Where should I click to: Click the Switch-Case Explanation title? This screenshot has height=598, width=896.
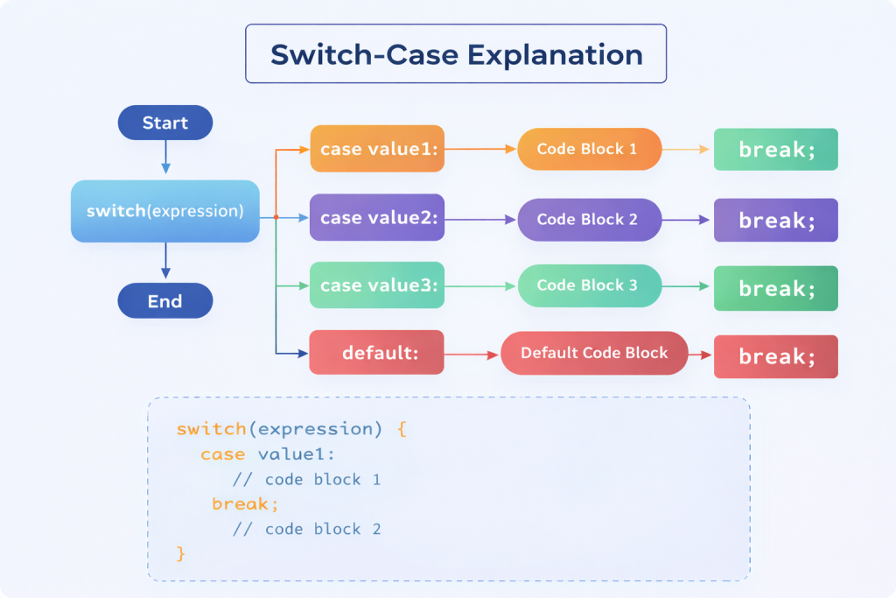(x=456, y=54)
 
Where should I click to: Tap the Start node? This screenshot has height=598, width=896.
(x=165, y=123)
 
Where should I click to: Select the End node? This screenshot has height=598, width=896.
(x=165, y=301)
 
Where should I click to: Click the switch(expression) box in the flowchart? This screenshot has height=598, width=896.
(x=165, y=211)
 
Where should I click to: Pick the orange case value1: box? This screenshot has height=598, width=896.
(x=377, y=150)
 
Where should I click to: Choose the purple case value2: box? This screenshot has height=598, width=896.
(x=377, y=219)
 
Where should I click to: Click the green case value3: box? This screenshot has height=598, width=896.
(x=377, y=285)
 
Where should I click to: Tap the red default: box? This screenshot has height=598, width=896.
(x=377, y=354)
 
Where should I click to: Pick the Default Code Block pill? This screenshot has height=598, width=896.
(x=594, y=353)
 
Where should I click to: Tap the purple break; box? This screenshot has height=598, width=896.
(x=776, y=220)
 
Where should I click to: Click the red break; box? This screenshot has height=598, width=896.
(x=776, y=357)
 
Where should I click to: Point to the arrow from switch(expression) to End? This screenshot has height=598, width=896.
(x=165, y=261)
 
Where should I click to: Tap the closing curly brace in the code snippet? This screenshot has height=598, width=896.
(x=181, y=553)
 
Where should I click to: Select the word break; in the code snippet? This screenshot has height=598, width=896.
(x=245, y=504)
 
